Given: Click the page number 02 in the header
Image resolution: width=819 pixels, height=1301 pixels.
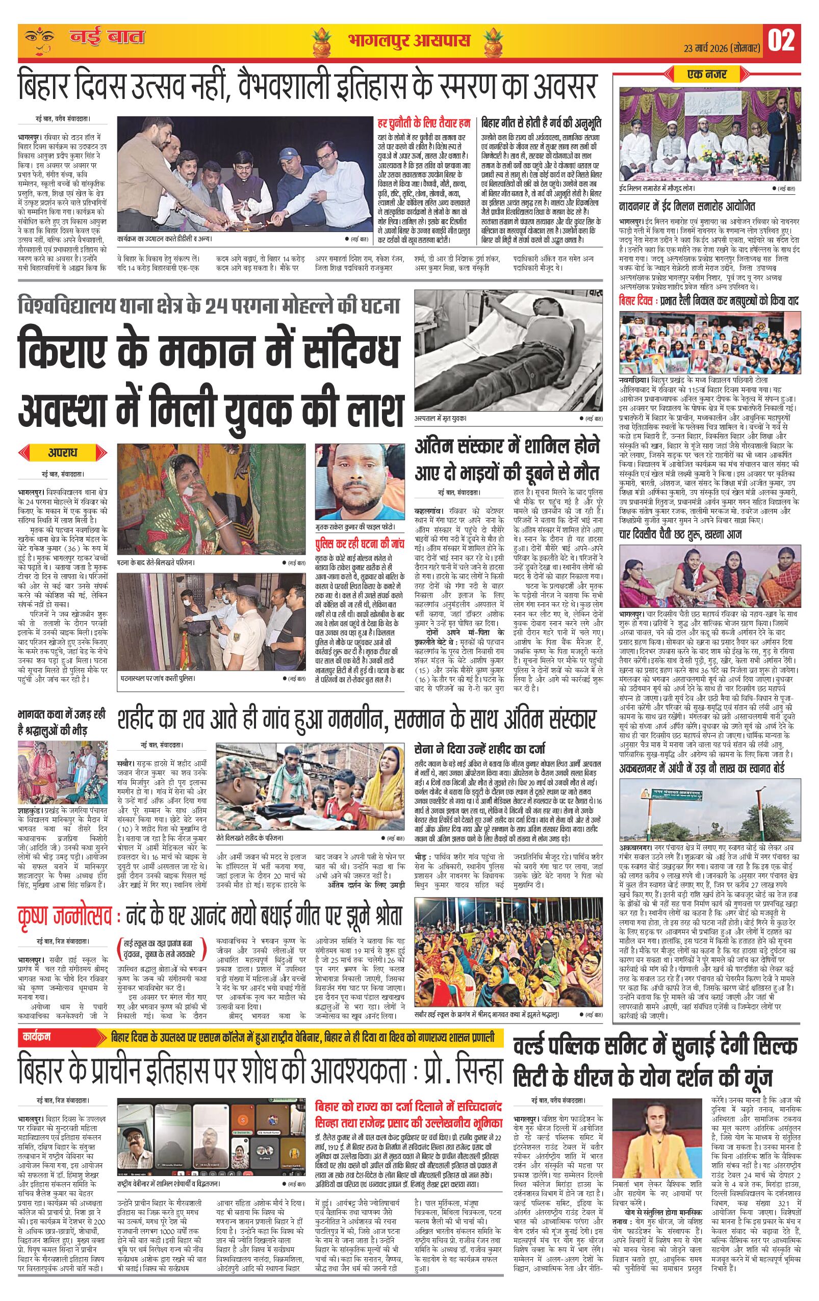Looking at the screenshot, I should pos(782,40).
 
